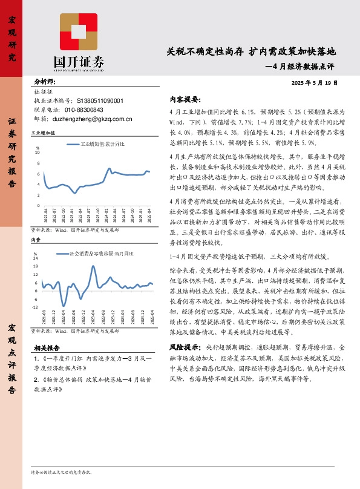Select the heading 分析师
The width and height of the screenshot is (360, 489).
[x=44, y=82]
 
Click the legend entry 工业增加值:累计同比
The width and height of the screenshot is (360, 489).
[x=103, y=144]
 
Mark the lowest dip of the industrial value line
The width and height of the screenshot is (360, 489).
[x=74, y=192]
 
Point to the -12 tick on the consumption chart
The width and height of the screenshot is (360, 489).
[x=36, y=307]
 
